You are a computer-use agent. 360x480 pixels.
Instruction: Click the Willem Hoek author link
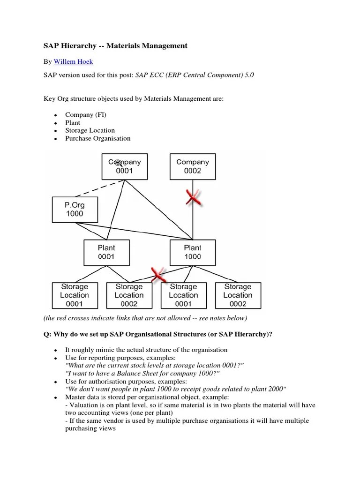[x=74, y=61]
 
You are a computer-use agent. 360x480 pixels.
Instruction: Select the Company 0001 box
[x=124, y=166]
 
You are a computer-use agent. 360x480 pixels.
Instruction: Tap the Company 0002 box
[x=192, y=166]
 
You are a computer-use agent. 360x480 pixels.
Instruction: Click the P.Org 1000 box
[x=75, y=209]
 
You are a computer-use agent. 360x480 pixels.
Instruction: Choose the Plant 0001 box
[x=106, y=252]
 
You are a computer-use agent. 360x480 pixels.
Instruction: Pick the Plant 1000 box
[x=192, y=252]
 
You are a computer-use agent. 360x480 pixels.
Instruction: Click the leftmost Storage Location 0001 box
[x=74, y=295]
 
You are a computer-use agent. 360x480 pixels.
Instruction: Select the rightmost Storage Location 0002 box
[x=238, y=295]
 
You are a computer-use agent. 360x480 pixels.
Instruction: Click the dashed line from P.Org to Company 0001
[x=99, y=188]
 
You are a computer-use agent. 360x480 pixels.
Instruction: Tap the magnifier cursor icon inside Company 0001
[x=118, y=162]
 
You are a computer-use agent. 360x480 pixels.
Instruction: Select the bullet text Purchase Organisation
[x=97, y=138]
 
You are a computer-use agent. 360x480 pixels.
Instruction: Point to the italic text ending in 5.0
[x=195, y=75]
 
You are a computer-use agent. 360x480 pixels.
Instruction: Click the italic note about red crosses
[x=144, y=318]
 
